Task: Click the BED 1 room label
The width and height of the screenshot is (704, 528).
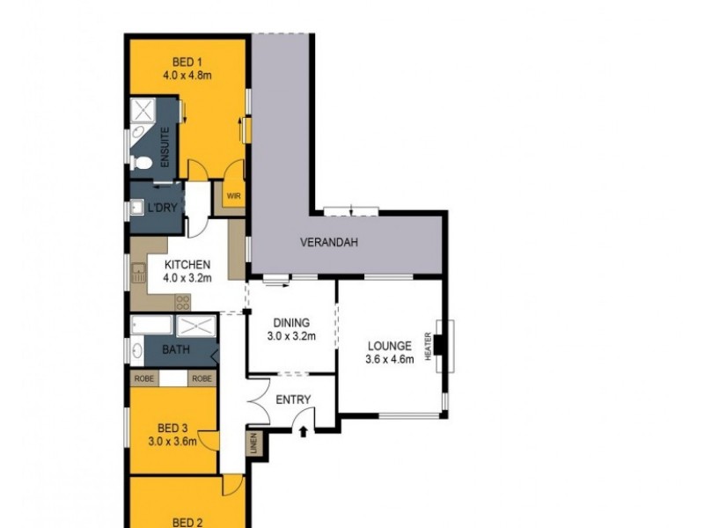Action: (182, 62)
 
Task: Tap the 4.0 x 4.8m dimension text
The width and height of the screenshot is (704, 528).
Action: (183, 76)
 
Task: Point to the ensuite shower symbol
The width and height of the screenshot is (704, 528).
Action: (143, 112)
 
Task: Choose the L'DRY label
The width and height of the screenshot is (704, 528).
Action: (161, 208)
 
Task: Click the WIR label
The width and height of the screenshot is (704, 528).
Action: (233, 197)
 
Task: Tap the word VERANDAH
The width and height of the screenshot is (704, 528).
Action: (329, 244)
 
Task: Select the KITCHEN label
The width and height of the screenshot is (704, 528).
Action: (187, 265)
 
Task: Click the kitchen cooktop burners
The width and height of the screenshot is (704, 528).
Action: (182, 301)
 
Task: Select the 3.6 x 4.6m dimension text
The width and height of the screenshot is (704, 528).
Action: (389, 358)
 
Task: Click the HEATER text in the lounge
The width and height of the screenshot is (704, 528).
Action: (429, 345)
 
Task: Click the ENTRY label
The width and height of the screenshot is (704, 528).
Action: (293, 400)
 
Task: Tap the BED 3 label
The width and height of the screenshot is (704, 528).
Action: (172, 429)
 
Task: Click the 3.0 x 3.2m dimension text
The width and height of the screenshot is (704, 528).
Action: (291, 336)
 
